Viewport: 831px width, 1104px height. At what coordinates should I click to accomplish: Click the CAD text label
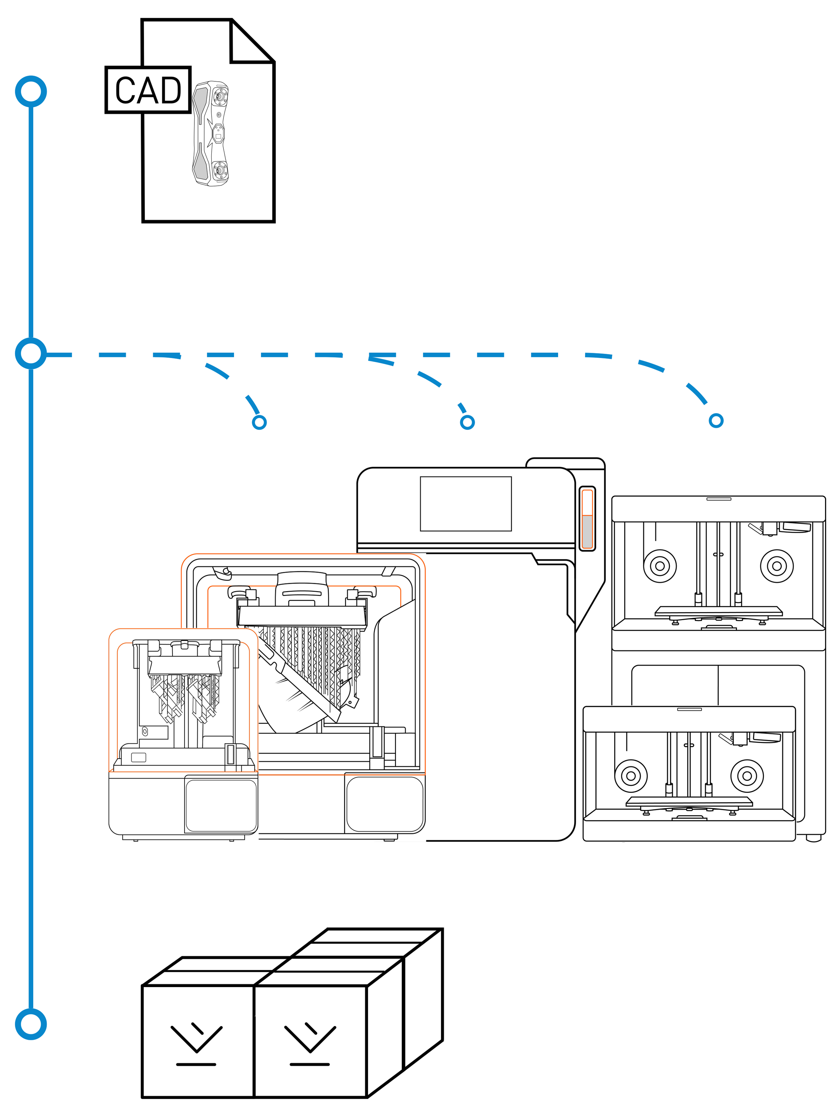148,90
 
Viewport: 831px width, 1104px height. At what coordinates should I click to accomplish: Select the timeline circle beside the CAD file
31,92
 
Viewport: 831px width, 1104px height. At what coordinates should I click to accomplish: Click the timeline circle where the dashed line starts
31,353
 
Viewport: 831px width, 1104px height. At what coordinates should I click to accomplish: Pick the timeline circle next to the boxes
31,1024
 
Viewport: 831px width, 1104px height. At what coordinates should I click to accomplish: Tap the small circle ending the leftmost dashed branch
259,422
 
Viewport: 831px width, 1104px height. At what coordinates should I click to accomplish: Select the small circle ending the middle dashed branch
467,422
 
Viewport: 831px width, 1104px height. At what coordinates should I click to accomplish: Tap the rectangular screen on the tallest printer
465,504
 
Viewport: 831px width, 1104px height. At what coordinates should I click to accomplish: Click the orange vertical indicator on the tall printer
587,519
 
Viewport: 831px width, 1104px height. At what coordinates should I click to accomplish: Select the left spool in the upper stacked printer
660,566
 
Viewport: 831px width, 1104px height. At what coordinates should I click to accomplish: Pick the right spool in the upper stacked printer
776,566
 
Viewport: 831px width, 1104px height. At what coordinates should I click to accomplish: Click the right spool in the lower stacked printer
747,776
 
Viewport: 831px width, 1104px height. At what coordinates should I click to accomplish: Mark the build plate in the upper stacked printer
718,611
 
